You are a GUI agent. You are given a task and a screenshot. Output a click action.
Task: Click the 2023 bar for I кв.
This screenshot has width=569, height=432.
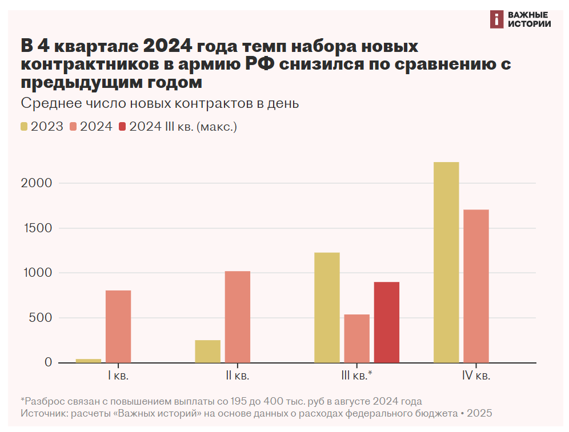pos(89,361)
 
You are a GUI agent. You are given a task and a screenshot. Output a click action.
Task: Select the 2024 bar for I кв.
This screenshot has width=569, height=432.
pos(118,326)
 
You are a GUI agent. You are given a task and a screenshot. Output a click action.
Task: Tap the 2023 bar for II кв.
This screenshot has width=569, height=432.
pos(207,352)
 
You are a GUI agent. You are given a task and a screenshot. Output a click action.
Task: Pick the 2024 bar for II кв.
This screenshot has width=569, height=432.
pos(238,317)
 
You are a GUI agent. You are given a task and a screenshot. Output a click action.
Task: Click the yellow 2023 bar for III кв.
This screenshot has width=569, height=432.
pos(327,308)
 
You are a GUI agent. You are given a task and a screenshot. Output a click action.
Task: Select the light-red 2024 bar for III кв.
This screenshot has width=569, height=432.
pos(356,338)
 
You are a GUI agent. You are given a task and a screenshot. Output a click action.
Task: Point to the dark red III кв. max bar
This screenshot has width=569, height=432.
pos(387,322)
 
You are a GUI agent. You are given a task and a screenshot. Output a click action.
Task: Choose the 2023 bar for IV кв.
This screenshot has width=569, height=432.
pos(446,263)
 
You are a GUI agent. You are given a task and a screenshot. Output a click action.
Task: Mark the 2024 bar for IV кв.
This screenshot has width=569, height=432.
pos(476,286)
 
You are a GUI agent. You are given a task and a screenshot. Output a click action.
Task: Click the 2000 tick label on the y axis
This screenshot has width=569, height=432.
pos(39,183)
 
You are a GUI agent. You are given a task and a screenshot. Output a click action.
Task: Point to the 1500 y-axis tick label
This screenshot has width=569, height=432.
pos(39,228)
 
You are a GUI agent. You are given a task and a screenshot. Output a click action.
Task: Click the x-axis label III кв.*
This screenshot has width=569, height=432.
pos(356,376)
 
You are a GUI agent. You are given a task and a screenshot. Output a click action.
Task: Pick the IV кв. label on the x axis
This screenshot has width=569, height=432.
pos(476,376)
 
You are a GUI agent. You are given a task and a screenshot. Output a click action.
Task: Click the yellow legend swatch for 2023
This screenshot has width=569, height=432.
pos(25,127)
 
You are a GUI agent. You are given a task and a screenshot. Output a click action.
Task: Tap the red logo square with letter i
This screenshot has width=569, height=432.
pos(496,19)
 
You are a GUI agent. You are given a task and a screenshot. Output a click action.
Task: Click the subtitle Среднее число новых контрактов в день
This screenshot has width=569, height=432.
pos(160,104)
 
